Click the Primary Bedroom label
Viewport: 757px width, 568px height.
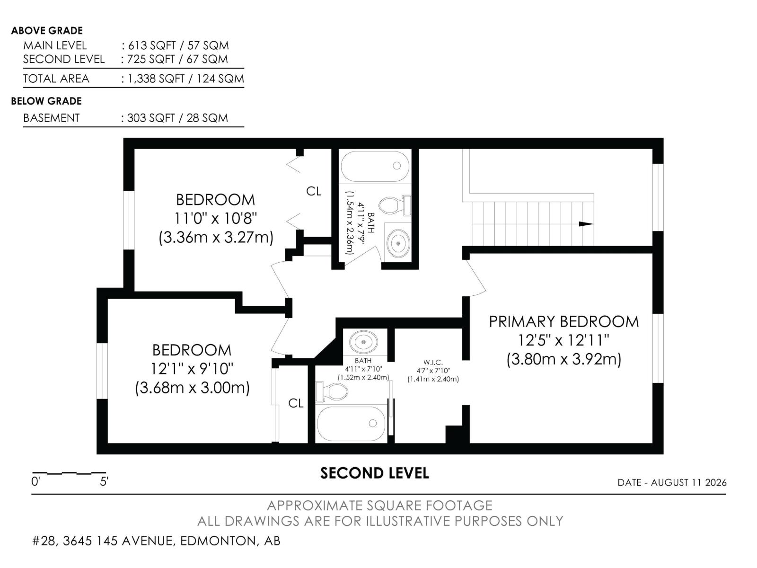click(x=563, y=321)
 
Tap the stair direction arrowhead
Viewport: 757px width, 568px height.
click(x=586, y=224)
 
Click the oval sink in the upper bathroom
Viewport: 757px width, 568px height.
click(x=398, y=243)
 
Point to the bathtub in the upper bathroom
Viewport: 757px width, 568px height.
click(x=375, y=166)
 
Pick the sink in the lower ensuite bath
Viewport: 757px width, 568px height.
click(x=363, y=341)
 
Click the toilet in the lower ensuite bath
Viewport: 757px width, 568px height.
click(x=332, y=391)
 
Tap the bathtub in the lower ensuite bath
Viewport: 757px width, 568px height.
click(x=351, y=424)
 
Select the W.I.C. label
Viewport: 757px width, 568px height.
click(x=433, y=362)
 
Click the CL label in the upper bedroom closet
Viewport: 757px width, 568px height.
click(x=314, y=191)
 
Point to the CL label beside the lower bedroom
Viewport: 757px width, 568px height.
click(x=296, y=403)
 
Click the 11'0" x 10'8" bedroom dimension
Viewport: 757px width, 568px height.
click(x=216, y=218)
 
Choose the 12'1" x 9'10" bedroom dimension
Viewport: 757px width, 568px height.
click(x=192, y=369)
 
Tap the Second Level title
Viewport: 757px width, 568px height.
click(x=375, y=473)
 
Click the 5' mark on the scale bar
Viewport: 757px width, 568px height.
click(x=104, y=481)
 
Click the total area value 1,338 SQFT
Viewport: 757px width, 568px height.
click(x=156, y=79)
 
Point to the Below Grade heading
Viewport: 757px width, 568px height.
click(x=46, y=101)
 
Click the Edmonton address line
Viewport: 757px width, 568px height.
click(x=156, y=541)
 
